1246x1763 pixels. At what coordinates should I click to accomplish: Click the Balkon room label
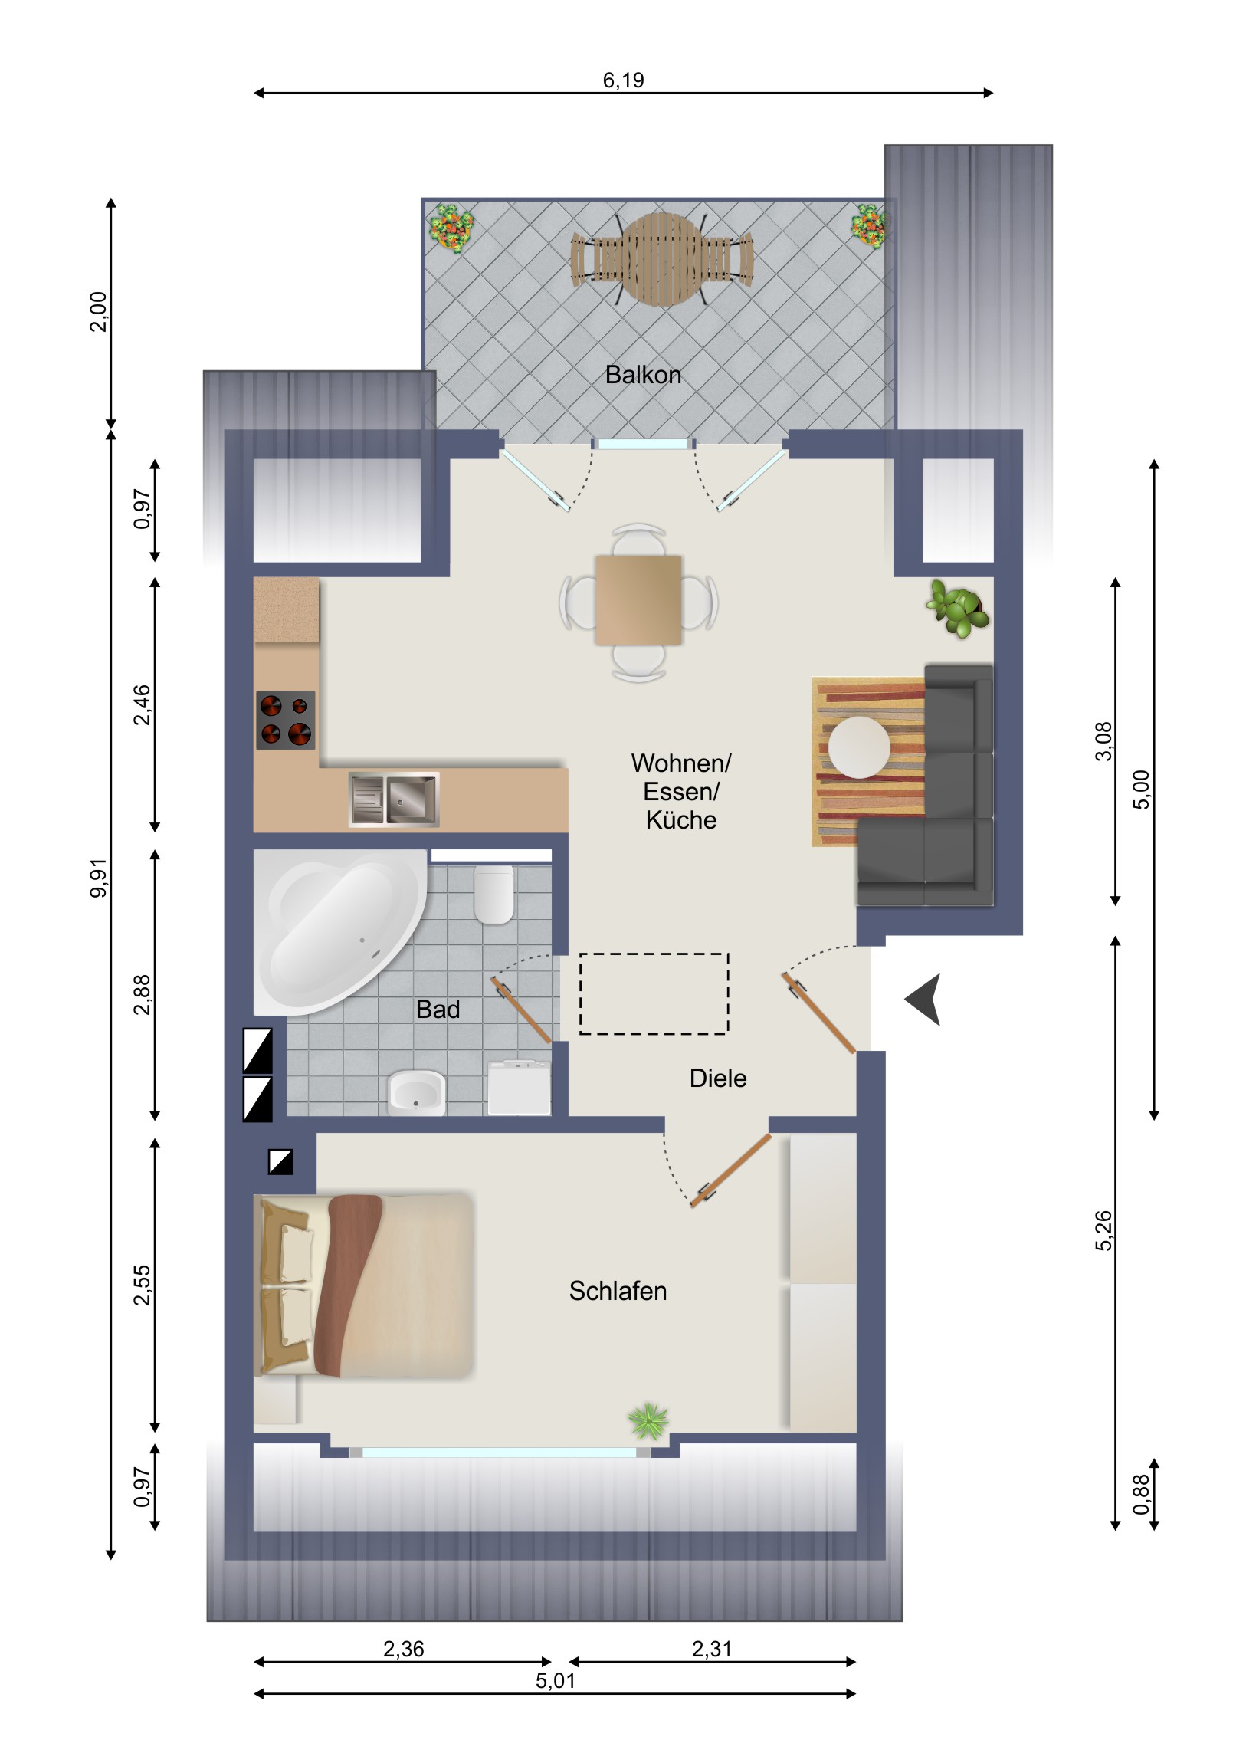[643, 375]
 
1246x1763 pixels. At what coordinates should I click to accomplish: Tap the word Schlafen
[617, 1291]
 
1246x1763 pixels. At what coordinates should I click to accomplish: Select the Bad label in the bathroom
[438, 1009]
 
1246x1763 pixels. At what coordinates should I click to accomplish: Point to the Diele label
[718, 1078]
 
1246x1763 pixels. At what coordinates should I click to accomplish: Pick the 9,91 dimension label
[99, 878]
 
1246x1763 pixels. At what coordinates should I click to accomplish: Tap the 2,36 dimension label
[403, 1649]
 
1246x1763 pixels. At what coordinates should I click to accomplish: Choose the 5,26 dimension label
[1103, 1231]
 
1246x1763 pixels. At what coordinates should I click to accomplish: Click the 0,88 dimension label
[1141, 1494]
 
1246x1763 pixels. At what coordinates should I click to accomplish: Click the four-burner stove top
[285, 720]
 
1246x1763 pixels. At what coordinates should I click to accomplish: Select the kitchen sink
[394, 799]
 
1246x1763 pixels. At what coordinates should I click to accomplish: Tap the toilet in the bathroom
[493, 895]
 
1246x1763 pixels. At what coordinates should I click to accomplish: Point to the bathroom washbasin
[417, 1092]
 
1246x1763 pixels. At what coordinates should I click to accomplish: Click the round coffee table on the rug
[859, 747]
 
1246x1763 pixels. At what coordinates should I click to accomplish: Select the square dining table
[638, 600]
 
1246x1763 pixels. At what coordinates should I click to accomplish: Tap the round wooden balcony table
[662, 259]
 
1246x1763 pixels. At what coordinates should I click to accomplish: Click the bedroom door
[730, 1170]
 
